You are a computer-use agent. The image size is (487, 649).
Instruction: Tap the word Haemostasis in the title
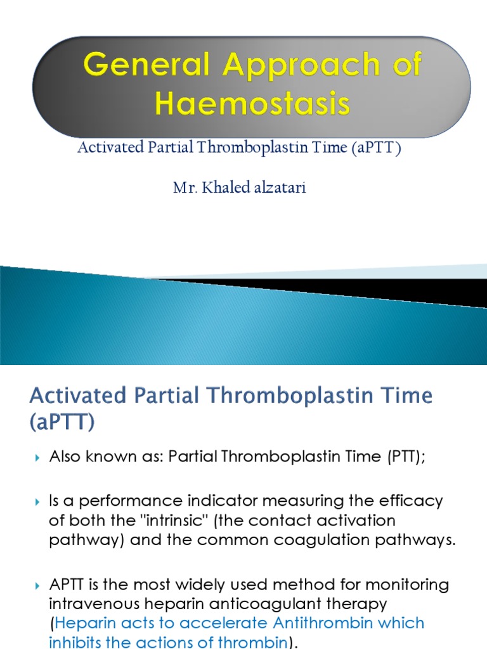pyautogui.click(x=252, y=104)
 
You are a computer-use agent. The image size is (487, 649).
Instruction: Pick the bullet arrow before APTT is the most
pyautogui.click(x=37, y=583)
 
